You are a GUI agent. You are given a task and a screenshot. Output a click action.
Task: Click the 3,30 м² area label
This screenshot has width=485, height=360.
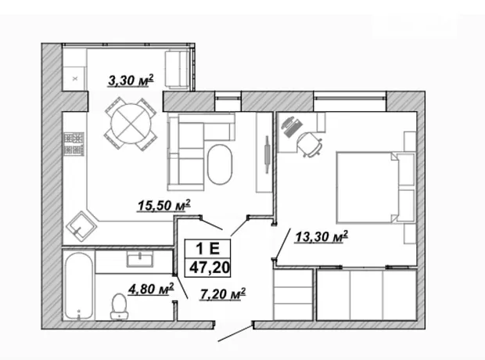click(x=131, y=81)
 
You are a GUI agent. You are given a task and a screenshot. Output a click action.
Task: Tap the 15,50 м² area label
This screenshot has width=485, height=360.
click(x=163, y=205)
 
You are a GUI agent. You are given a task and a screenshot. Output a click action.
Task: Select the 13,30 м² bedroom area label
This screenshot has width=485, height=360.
click(x=322, y=237)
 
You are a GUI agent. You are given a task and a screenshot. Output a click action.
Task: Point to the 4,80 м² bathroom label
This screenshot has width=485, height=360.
click(x=151, y=289)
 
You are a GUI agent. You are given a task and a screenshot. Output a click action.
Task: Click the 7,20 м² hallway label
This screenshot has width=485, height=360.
click(x=223, y=294)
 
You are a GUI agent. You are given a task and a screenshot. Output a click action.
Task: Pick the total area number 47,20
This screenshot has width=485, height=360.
click(x=210, y=268)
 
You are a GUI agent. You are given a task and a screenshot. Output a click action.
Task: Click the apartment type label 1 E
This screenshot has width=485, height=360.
click(x=207, y=248)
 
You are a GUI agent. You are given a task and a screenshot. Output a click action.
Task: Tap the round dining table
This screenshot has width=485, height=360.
click(x=131, y=123)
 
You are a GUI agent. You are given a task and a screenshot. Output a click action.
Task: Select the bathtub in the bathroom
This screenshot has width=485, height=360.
click(x=78, y=286)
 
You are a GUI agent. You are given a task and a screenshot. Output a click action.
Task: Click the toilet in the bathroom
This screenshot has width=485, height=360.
click(x=119, y=306)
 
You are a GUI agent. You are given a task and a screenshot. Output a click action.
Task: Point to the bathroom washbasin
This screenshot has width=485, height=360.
click(x=140, y=259)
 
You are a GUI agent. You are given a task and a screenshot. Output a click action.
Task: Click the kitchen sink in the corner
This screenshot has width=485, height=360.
click(x=81, y=227)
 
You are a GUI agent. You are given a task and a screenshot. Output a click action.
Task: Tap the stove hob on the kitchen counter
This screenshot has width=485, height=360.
click(x=74, y=144)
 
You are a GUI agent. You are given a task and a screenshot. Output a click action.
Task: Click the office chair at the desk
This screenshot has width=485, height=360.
click(x=309, y=144)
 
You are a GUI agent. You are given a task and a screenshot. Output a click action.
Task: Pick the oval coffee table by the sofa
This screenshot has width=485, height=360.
click(x=220, y=164)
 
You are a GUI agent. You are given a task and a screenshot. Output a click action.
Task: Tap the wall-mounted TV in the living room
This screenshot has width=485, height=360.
click(x=267, y=154)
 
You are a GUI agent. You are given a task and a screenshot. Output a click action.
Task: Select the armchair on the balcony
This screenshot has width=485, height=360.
click(x=177, y=70)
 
